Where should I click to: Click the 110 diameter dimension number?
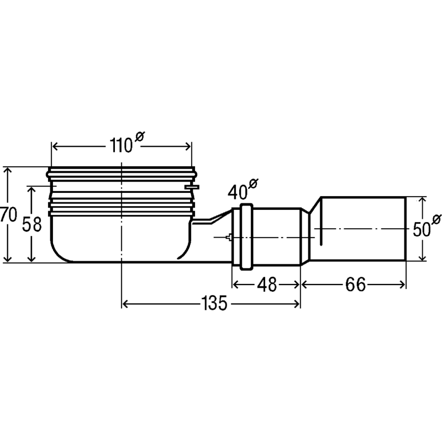(121, 145)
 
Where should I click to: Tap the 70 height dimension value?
(9, 215)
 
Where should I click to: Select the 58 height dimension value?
(32, 224)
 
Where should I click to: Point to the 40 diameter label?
(238, 192)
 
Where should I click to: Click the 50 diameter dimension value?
(422, 229)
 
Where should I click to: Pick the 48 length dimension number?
(267, 285)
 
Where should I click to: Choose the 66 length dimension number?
(355, 285)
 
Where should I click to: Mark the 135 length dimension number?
(214, 303)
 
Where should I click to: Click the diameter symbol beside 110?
(140, 136)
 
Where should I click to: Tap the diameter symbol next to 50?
(436, 219)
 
